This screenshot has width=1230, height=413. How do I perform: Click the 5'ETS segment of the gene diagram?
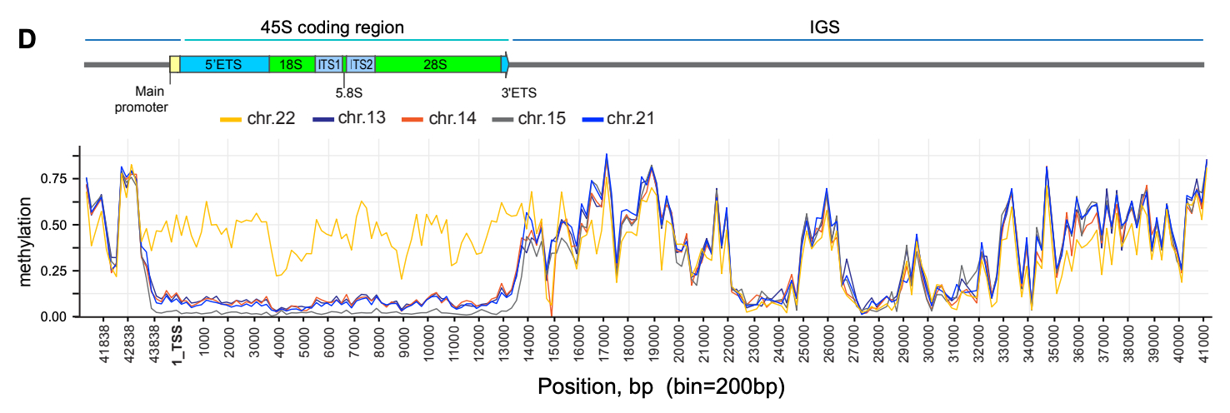click(224, 64)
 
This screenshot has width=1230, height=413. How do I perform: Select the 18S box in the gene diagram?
click(292, 64)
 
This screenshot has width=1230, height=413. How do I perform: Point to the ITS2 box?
click(361, 64)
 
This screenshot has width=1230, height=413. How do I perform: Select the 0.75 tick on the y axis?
click(62, 178)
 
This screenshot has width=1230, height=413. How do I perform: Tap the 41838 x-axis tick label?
click(103, 347)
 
